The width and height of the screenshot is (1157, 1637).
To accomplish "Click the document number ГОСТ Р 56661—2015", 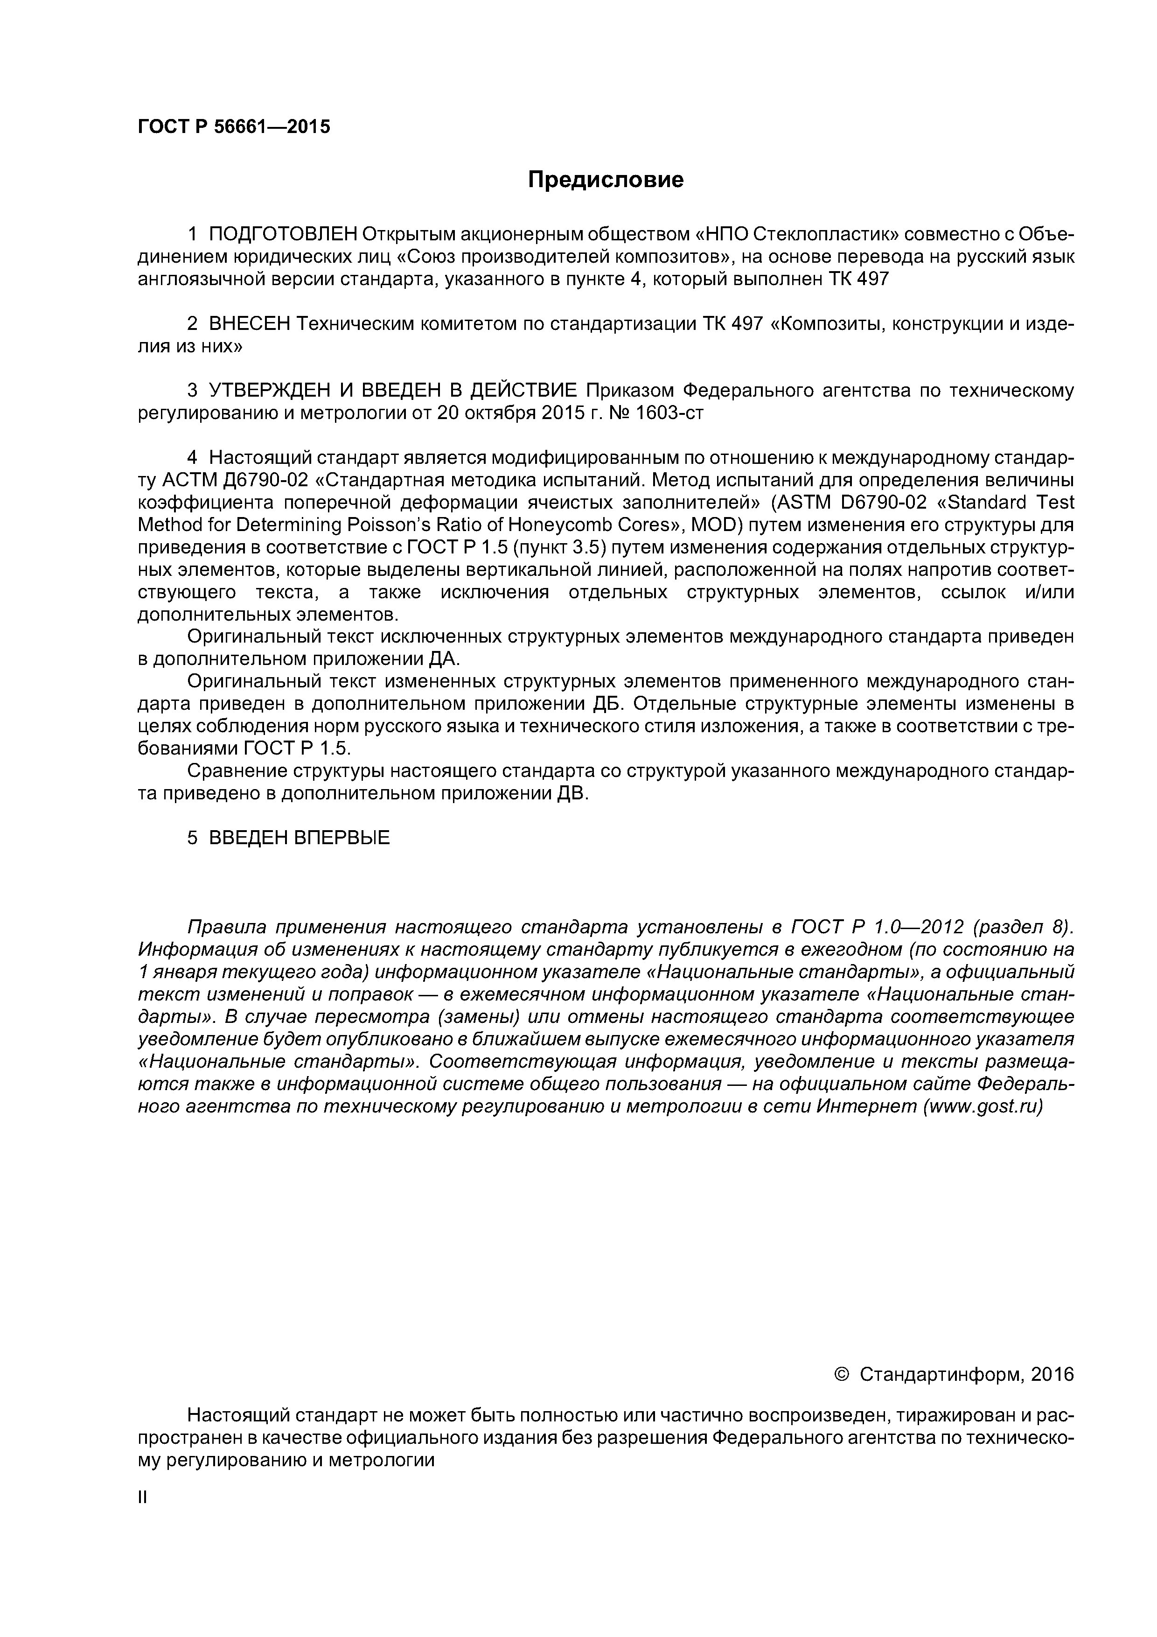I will (234, 127).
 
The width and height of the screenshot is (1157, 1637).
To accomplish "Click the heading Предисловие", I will (605, 180).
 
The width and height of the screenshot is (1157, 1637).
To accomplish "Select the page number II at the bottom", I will (142, 1498).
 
